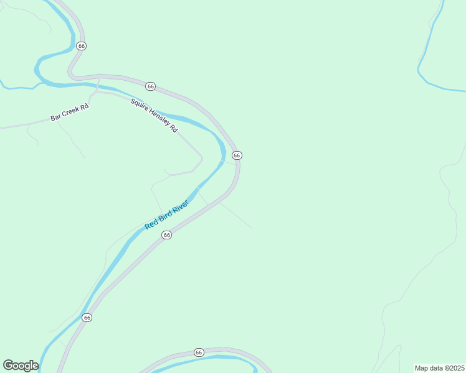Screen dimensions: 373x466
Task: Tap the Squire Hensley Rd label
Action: [155, 115]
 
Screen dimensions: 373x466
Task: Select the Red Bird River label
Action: [166, 215]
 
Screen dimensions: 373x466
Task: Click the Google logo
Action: [21, 366]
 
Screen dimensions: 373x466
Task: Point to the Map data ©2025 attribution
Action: [439, 368]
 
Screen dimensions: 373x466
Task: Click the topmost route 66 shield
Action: [81, 46]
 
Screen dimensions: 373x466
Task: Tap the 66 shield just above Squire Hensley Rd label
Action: [151, 86]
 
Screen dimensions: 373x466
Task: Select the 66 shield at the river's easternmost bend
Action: [237, 155]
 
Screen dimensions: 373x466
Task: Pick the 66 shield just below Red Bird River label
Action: [166, 235]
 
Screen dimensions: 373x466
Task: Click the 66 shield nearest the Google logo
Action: [87, 318]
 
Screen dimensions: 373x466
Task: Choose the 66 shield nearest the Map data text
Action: [199, 352]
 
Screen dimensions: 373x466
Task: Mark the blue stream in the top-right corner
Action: [430, 44]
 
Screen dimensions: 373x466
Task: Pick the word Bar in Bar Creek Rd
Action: [56, 117]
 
